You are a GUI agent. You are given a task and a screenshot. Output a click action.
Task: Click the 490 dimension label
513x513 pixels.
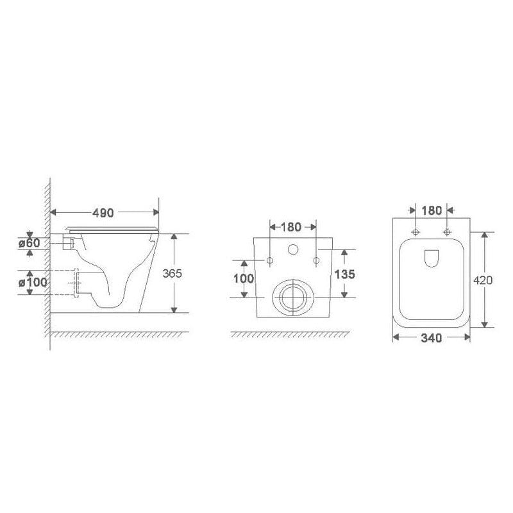tap(103, 213)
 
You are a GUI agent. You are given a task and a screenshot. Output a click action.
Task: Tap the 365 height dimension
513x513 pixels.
tap(172, 273)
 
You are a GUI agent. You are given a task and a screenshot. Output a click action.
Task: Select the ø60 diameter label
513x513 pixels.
tap(29, 243)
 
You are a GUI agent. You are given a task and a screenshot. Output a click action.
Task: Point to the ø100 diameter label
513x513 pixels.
tap(33, 282)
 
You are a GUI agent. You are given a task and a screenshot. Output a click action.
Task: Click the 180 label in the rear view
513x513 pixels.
tap(291, 227)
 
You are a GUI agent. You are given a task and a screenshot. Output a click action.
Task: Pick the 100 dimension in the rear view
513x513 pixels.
tap(244, 278)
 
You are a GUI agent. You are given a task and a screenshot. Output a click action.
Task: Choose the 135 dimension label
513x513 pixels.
tap(344, 274)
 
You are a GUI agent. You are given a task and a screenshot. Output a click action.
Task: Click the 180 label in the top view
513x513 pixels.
tap(432, 211)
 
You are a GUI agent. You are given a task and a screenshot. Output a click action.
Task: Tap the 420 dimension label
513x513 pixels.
tap(483, 280)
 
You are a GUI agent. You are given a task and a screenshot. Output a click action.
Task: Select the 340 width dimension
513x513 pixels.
tap(432, 338)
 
